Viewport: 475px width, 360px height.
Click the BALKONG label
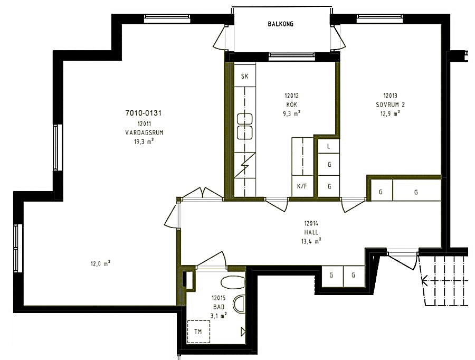point(281,24)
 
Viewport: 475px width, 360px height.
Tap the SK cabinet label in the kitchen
point(244,76)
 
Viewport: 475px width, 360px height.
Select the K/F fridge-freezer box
point(302,186)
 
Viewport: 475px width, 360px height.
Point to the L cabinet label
point(329,146)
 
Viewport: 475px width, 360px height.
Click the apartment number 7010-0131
point(143,113)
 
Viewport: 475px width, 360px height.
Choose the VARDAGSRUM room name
point(144,132)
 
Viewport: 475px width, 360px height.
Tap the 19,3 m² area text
point(144,141)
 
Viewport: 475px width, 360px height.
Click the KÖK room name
point(292,104)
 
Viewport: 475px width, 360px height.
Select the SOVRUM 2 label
point(390,105)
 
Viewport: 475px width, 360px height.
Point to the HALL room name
point(311,232)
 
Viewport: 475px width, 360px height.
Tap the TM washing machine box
point(198,331)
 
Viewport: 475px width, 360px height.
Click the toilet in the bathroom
point(233,282)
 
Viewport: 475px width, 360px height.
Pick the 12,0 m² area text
point(100,263)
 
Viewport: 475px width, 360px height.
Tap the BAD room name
point(218,307)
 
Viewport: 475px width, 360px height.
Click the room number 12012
point(291,96)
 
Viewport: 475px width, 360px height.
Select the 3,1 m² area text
point(218,316)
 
